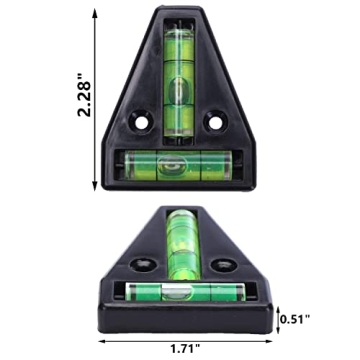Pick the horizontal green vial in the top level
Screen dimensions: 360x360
178,163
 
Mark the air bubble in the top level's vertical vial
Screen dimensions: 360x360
178,92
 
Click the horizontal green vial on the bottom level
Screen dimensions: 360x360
180,291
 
